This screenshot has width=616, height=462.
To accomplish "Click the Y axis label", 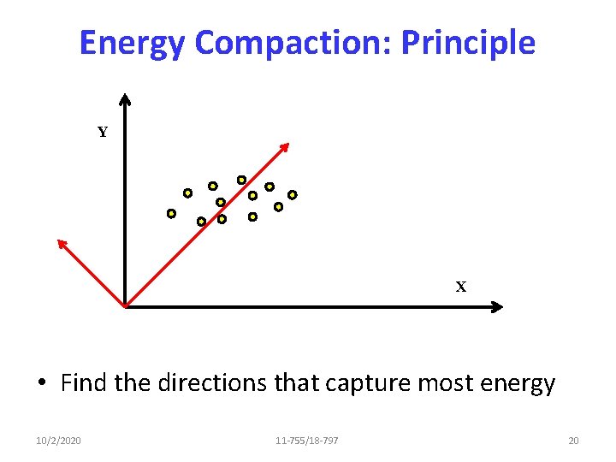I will point(103,133).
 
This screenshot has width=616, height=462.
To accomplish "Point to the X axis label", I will point(461,287).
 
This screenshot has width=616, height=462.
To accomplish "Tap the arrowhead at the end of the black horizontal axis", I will point(497,306).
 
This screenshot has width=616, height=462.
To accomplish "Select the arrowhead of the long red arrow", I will point(286,146).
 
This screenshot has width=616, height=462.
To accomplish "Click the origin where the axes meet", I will point(125,305).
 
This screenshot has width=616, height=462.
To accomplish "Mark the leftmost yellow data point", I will point(171,213).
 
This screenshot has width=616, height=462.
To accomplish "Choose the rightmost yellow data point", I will point(292,194).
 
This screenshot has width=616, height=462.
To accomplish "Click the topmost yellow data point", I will point(241,180).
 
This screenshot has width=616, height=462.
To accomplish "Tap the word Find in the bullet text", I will point(84,383).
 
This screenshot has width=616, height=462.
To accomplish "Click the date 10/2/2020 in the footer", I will point(60,441).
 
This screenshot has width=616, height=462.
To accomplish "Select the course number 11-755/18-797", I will point(307,441).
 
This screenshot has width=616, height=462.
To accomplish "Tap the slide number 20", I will point(573,441).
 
